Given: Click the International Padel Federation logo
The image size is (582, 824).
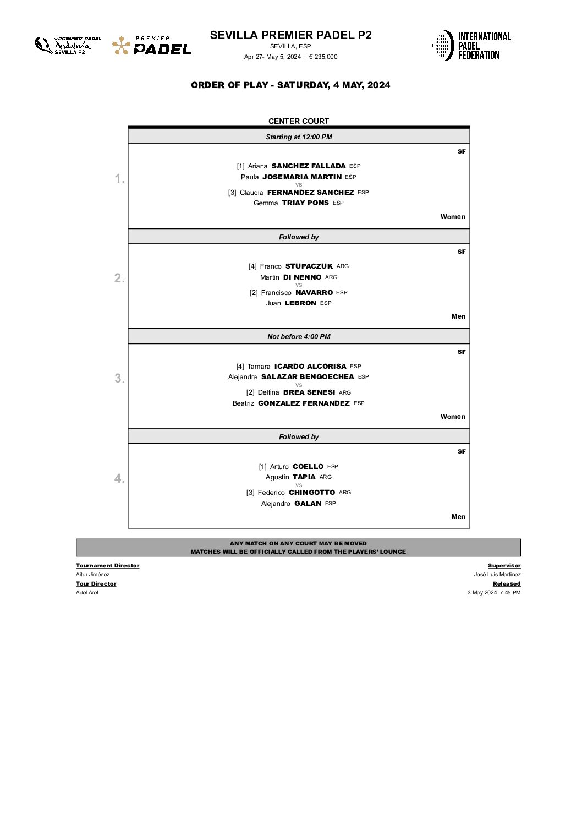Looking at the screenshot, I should [471, 45].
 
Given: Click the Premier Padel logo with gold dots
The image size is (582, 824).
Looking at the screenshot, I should [152, 46].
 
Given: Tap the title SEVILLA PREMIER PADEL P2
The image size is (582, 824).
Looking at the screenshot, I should [290, 35].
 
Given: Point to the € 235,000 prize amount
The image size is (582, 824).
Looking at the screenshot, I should [323, 57].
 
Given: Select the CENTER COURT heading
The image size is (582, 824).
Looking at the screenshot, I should [299, 121].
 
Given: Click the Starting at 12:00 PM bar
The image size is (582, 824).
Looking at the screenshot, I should [299, 137].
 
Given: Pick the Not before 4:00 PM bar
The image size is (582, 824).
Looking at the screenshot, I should [299, 336].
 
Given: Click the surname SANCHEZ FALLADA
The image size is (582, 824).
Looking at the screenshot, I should [309, 166].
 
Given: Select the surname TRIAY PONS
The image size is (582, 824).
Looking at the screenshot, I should [305, 203].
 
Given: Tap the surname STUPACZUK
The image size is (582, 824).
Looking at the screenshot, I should [309, 266].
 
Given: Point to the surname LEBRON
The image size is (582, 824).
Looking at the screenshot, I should [300, 303].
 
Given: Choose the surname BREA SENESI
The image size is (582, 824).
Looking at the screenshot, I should [309, 392].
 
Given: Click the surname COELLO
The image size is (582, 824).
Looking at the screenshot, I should [308, 466].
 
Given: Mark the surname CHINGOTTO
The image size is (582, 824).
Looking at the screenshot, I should [312, 492].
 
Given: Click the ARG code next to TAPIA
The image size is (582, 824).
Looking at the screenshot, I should [326, 477].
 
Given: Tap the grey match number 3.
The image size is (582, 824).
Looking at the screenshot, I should [119, 378].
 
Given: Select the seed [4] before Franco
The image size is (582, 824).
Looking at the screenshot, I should [252, 266].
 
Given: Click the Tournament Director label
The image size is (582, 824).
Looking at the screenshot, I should [107, 565].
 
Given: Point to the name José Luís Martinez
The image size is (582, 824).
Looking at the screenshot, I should [497, 574].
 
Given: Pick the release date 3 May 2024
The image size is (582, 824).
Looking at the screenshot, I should [482, 592].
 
